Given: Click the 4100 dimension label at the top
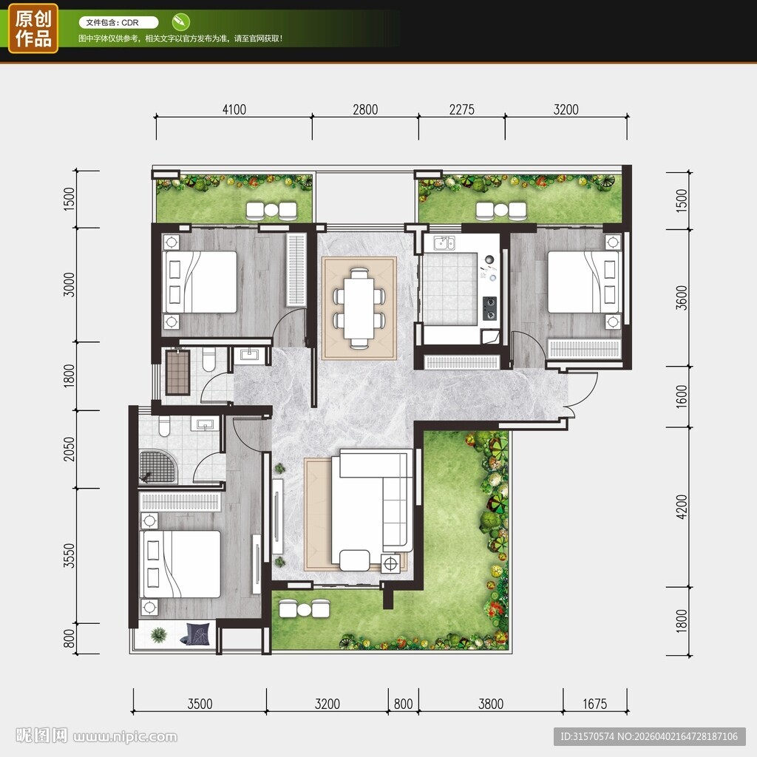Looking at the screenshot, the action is pos(234,109).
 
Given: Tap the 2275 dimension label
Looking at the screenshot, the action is pos(461,109).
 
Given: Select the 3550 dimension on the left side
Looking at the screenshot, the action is pos(69,556).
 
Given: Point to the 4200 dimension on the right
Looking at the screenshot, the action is pos(681,507).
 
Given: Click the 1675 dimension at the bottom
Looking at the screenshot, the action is pos(595,704).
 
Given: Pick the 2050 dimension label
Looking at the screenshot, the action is pos(69,449).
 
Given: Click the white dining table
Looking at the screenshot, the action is pos(359,308).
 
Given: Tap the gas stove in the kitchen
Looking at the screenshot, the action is pos(489,308).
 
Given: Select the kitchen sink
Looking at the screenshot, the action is pos(444,242).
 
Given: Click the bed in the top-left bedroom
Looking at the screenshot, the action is pos(200,282).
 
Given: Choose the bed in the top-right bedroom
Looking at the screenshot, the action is pos(584,282).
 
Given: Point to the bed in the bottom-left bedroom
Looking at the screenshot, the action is pos(180,564).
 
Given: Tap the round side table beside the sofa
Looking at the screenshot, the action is pos(390,563).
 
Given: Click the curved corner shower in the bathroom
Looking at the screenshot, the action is pos(158,467).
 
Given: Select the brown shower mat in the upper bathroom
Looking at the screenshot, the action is pos(177,373).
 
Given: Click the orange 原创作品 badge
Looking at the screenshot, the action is pos(33,28).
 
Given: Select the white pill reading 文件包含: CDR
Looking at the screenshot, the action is pos(119,22).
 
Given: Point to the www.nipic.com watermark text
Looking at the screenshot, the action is pos(126,737).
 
